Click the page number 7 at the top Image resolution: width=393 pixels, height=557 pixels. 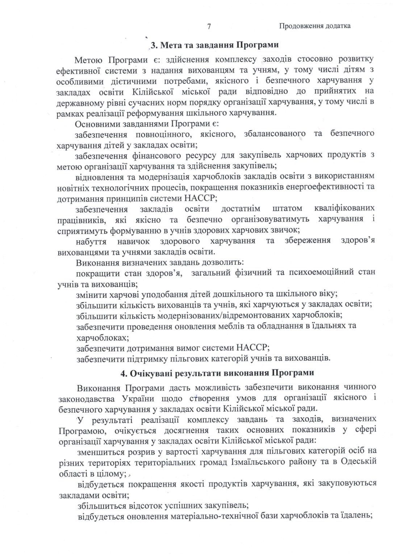209,26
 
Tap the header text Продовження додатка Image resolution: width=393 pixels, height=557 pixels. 315,26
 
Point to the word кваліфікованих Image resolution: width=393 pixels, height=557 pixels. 343,209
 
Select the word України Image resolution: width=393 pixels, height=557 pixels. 141,398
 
